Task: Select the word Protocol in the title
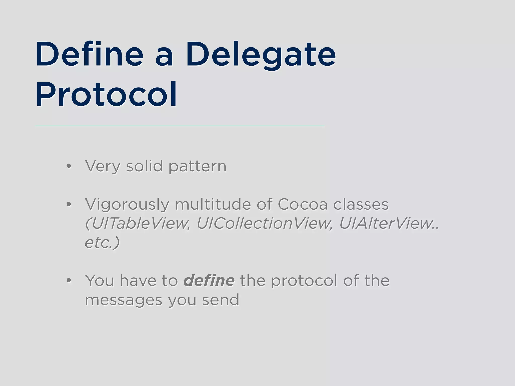click(106, 94)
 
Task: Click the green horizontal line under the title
click(180, 126)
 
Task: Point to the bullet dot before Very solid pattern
click(69, 166)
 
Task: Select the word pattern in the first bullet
click(197, 167)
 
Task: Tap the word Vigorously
click(127, 205)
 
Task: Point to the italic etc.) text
click(102, 243)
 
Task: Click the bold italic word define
click(209, 281)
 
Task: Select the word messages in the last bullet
click(123, 300)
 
